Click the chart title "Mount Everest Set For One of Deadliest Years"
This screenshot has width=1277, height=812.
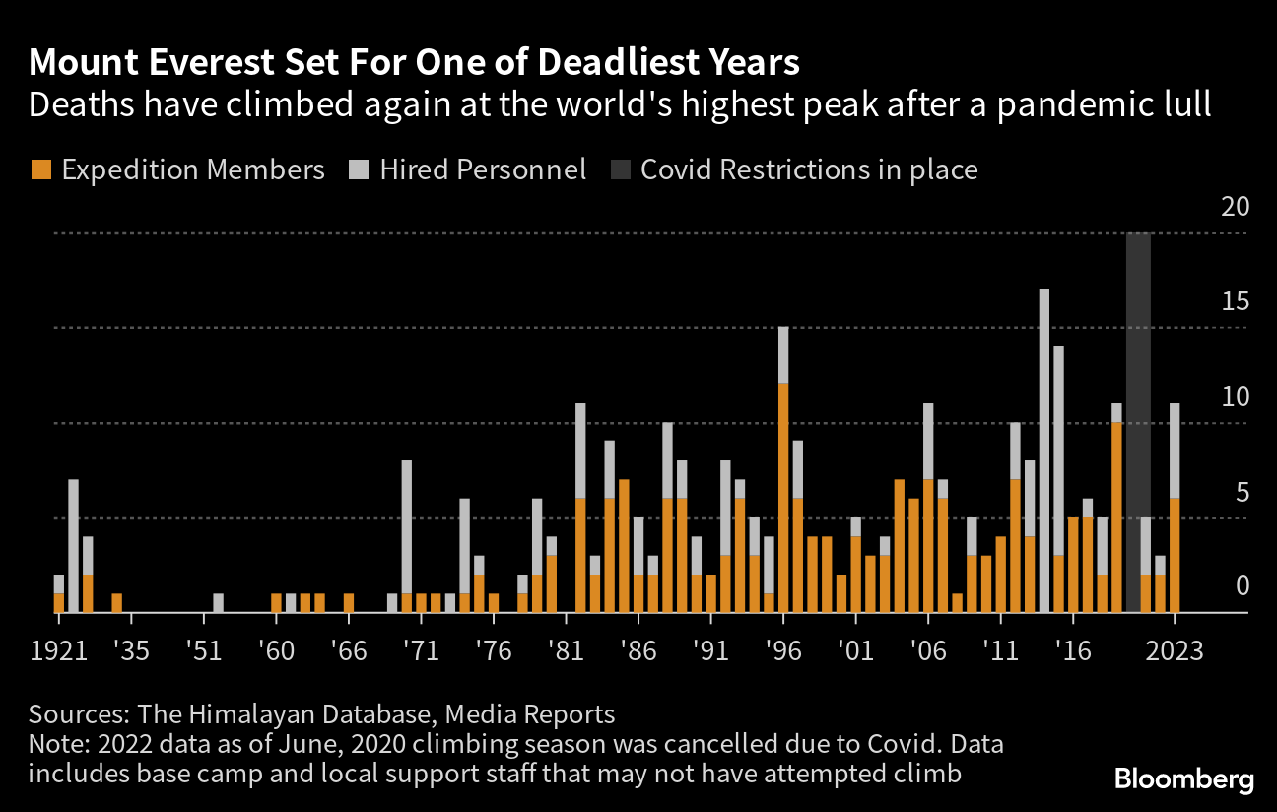coord(414,63)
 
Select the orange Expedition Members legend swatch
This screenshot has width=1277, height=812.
coord(39,169)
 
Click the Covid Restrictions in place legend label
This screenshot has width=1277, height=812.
coord(808,169)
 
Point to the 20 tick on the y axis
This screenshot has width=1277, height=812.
coord(1234,208)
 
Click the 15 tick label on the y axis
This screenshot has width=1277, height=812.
coord(1234,303)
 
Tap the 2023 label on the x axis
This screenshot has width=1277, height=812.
coord(1175,650)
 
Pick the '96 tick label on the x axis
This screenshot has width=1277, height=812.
coord(783,650)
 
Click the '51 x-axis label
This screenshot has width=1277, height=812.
coord(204,650)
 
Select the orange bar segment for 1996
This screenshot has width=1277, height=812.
coord(783,498)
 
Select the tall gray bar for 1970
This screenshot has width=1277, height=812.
coord(406,526)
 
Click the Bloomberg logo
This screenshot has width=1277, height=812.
coord(1184,779)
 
